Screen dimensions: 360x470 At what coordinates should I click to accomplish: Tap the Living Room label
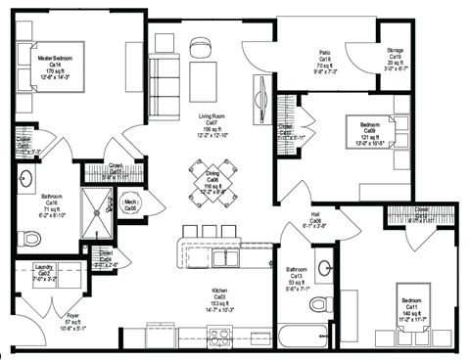211,126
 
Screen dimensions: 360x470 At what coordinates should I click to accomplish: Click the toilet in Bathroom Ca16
30,237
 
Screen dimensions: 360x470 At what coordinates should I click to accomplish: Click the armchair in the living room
201,50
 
